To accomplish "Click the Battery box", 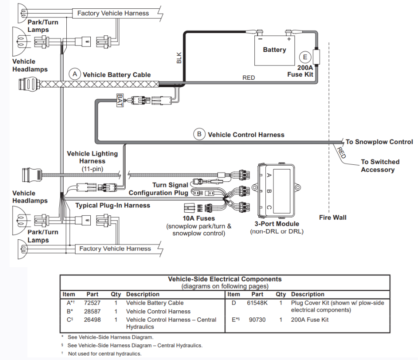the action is (274, 50).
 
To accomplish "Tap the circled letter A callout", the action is (75, 74).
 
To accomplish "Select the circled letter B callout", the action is (199, 134).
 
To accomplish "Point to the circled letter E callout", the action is (305, 57).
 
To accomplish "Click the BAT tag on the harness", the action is (120, 100).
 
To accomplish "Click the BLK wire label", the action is (179, 58).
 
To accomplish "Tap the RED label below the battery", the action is (248, 78).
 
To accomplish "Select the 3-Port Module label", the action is (277, 224).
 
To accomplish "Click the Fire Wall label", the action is (332, 217).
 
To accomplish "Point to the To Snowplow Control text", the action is (379, 142).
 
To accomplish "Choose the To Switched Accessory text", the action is (378, 166).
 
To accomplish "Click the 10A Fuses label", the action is (199, 218).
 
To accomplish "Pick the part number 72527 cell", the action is (92, 303).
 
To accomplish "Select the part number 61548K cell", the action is (257, 303).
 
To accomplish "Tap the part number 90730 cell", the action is (257, 319).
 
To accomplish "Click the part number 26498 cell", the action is (92, 319).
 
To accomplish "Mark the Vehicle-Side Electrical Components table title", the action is (225, 279).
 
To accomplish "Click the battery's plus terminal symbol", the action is (289, 39).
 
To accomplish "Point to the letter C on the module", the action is (269, 208).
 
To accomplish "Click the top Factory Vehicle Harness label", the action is (113, 13).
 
